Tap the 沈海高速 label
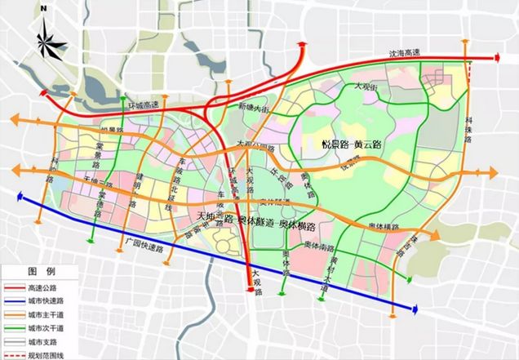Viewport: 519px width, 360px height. point(407,54)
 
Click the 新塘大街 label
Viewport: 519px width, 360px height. point(252,108)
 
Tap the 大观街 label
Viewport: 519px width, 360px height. point(366,86)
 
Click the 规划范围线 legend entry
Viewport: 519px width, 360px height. point(44,353)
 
